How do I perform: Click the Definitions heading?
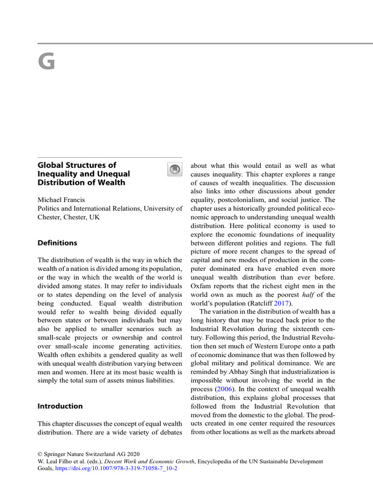(57, 243)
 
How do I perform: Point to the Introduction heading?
(60, 406)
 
